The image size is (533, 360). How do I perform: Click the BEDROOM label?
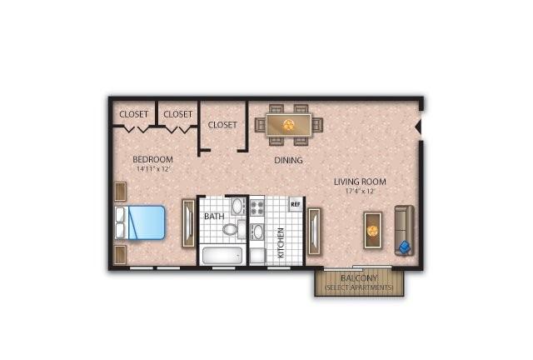pos(152,159)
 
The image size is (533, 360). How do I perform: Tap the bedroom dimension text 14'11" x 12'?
pos(152,169)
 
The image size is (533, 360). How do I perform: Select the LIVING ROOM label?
pos(360,182)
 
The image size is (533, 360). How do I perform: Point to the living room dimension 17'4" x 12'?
pos(360,191)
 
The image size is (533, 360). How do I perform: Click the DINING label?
pos(288,160)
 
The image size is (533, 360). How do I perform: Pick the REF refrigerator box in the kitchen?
pos(296,204)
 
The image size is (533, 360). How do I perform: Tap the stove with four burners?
pos(257,207)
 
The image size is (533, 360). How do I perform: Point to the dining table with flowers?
pos(289,125)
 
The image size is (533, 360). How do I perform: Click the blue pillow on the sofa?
pos(405,247)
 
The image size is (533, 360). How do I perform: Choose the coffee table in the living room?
pos(372,230)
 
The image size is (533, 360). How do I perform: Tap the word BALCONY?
pos(359,278)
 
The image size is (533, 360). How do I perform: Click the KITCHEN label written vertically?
pos(281,242)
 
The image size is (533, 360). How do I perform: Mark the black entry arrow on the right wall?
pos(418,127)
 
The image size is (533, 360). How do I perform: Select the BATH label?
pos(214,217)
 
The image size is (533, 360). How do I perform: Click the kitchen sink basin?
pos(257,232)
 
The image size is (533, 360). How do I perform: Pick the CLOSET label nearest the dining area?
pos(222,125)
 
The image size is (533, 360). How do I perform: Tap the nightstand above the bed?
pos(121,192)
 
